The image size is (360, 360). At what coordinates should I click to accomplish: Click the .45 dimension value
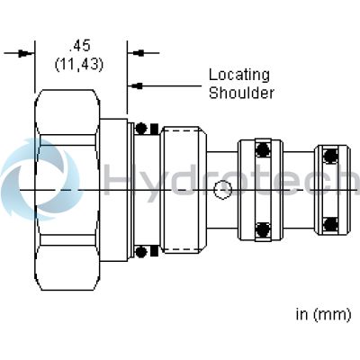(x=79, y=47)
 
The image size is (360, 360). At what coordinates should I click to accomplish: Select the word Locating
(x=239, y=75)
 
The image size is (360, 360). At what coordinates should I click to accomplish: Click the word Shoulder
(x=241, y=93)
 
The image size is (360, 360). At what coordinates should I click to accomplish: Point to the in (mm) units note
(x=323, y=315)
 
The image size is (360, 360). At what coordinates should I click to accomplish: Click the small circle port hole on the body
(x=222, y=190)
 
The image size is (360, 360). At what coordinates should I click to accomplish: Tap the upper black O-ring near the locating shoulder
(x=141, y=128)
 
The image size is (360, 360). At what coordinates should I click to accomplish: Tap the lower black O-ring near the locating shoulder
(x=141, y=252)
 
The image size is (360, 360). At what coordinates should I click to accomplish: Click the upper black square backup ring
(x=154, y=129)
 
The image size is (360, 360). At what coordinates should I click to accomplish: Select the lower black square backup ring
(x=154, y=252)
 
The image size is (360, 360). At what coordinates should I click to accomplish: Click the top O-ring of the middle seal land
(x=263, y=149)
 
